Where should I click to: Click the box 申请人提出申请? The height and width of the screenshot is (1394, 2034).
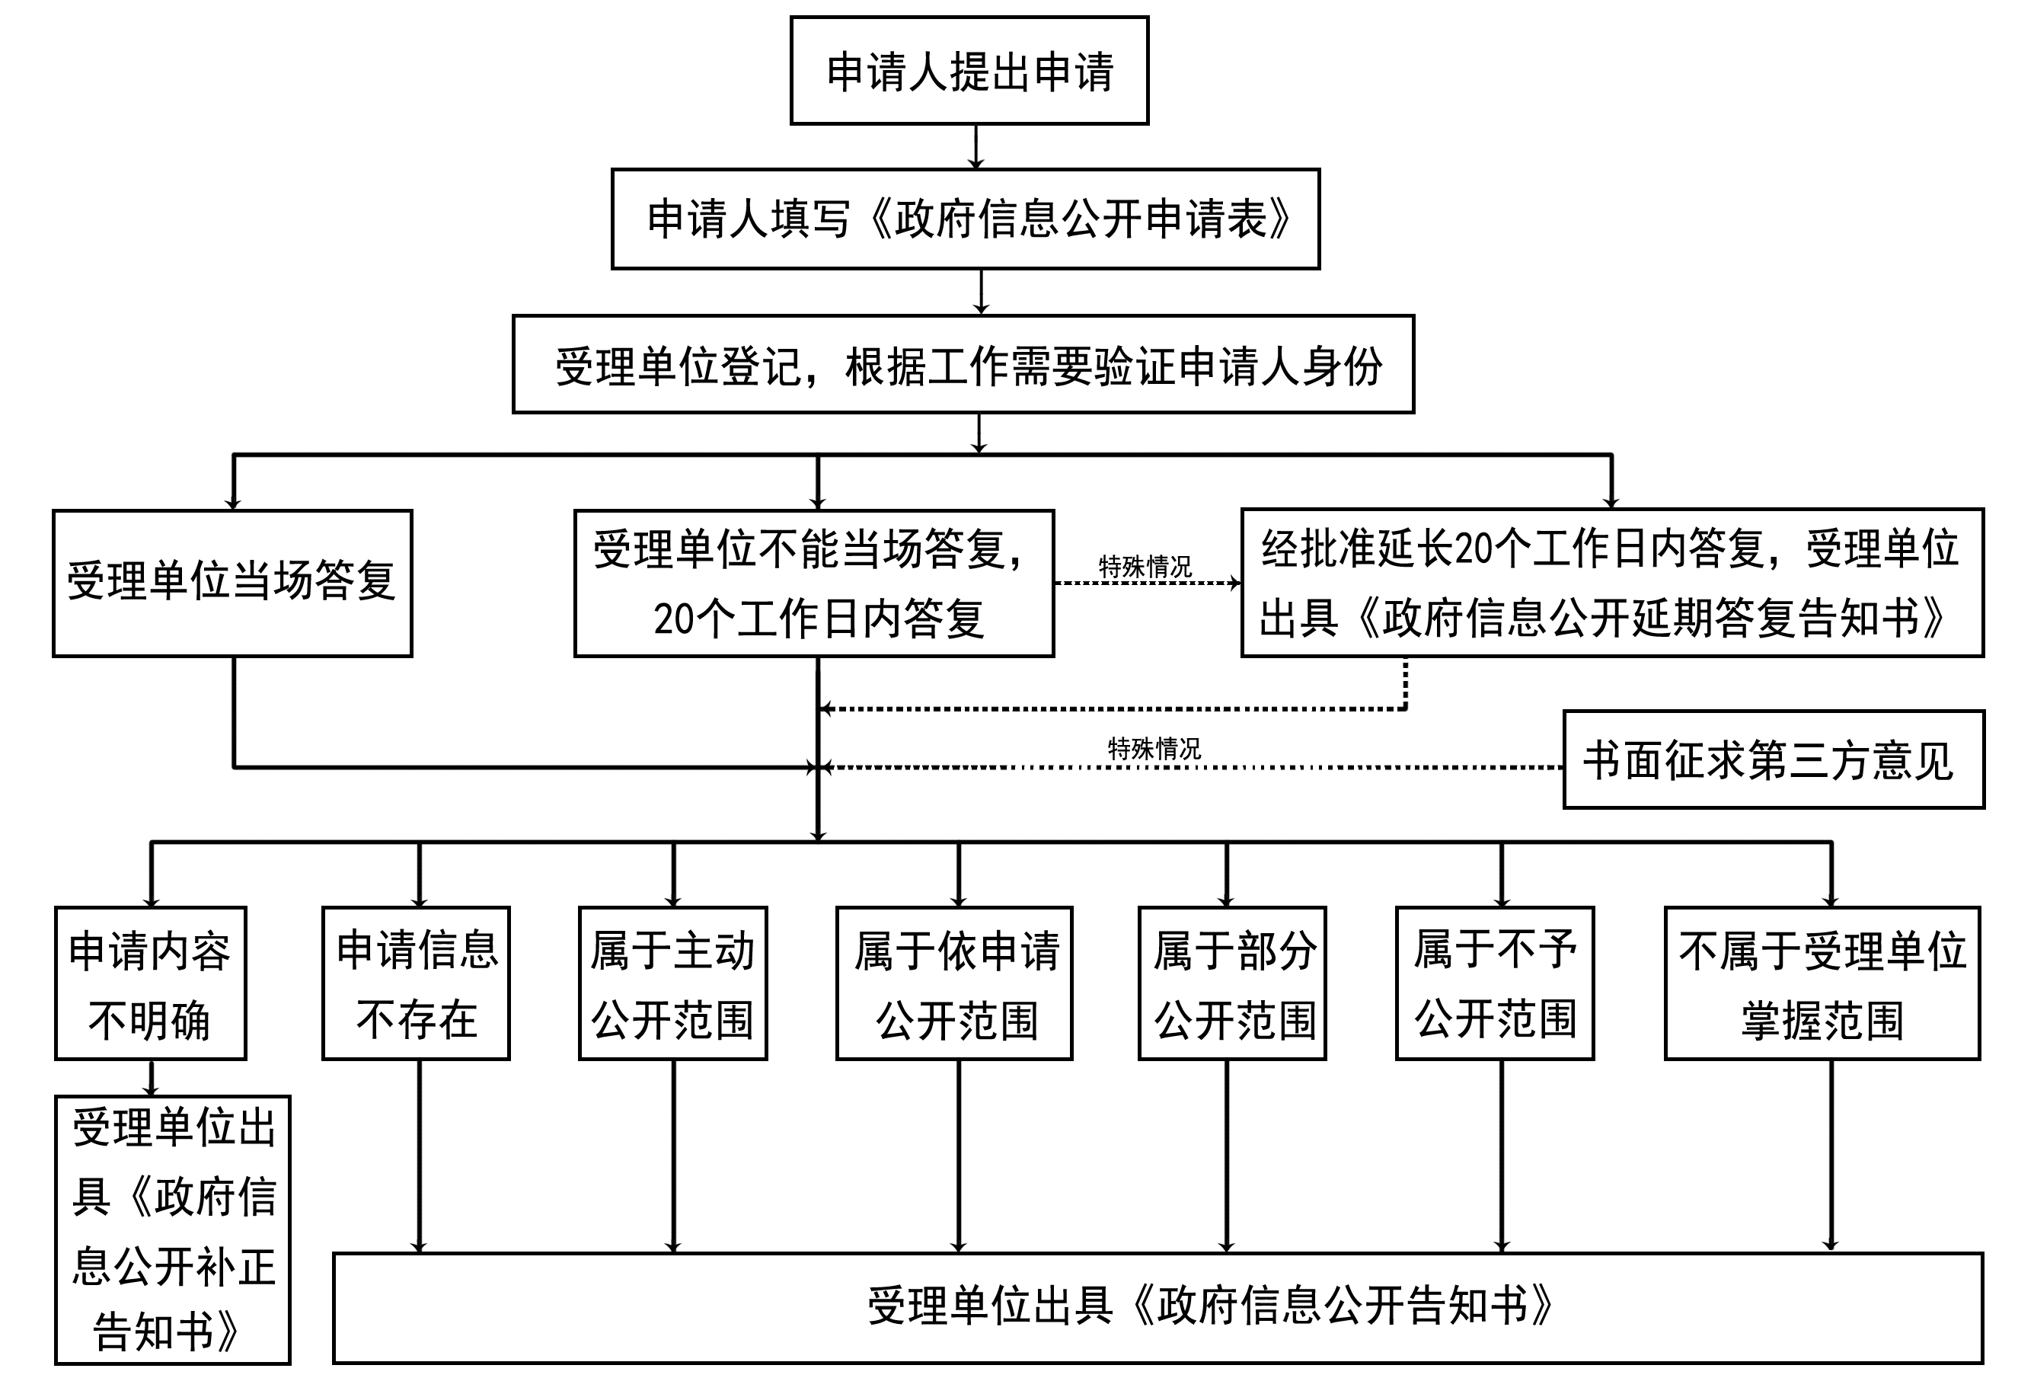point(969,70)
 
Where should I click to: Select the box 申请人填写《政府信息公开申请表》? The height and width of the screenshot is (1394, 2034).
point(966,219)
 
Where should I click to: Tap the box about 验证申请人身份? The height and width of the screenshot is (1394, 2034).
point(963,364)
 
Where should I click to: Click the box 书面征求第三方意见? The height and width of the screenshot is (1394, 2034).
point(1774,760)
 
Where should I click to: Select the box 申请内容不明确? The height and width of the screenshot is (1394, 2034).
point(151,983)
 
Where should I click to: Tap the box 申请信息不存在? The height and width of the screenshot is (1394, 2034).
point(416,983)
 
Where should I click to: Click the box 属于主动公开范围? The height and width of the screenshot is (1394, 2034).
point(672,983)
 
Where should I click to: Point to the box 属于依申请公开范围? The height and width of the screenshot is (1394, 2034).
point(954,983)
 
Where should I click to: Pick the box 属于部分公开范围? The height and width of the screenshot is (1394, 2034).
point(1232,983)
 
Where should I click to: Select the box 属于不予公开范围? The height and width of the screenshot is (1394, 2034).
point(1495,983)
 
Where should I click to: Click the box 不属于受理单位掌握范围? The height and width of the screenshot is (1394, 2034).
point(1822,983)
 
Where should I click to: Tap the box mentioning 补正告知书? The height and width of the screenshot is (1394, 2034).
point(172,1229)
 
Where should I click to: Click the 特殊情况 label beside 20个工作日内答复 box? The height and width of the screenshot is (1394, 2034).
point(1145,567)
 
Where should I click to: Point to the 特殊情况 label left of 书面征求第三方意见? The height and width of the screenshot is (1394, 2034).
point(1154,749)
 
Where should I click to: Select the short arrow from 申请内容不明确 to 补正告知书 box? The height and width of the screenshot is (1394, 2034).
point(152,1078)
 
